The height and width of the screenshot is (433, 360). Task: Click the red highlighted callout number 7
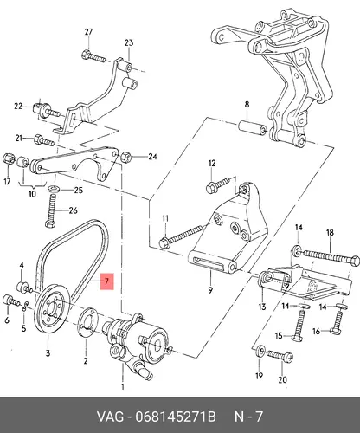tap(107, 281)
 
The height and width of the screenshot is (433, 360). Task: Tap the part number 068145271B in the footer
tap(176, 417)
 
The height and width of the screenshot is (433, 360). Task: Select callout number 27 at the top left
tap(88, 32)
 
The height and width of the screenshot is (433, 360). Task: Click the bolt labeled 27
tap(93, 56)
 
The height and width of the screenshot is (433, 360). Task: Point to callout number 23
tap(129, 43)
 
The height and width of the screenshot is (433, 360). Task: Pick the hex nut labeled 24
tap(125, 157)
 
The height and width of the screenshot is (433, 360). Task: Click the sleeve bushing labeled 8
tap(252, 127)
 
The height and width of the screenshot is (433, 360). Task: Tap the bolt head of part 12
tap(210, 189)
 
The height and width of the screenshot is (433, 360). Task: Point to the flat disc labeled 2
tap(87, 322)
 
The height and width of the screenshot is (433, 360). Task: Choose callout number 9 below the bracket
tap(210, 290)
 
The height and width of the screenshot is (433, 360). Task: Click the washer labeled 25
tap(54, 190)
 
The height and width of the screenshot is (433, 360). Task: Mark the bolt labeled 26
tap(50, 211)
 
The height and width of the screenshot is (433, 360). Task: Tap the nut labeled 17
tap(8, 158)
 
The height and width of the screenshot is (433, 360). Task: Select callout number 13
tap(262, 307)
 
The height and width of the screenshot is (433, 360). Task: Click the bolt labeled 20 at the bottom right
tap(280, 356)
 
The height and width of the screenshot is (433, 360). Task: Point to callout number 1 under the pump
tap(122, 386)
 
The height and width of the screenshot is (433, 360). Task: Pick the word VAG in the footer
tap(110, 417)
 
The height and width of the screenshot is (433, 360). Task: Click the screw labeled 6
tap(10, 301)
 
